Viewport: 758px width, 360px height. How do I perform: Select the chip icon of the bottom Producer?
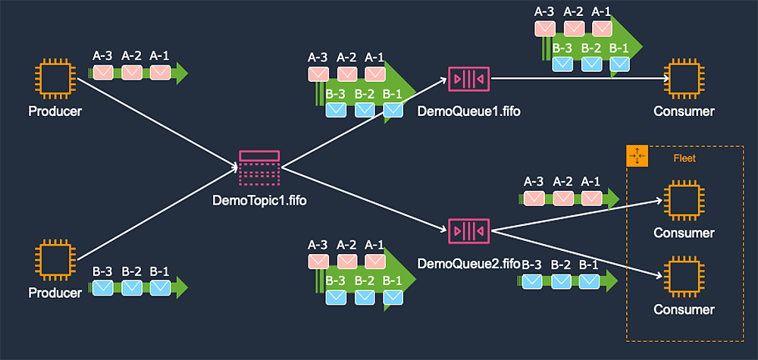pyautogui.click(x=55, y=260)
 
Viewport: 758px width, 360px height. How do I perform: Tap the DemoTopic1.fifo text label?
pyautogui.click(x=259, y=201)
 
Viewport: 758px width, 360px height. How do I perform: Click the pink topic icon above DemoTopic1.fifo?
pyautogui.click(x=259, y=167)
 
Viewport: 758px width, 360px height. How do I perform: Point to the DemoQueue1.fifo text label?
pyautogui.click(x=468, y=111)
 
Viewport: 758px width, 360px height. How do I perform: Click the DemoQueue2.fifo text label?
pyautogui.click(x=468, y=264)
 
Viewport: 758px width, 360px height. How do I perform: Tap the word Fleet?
pyautogui.click(x=684, y=158)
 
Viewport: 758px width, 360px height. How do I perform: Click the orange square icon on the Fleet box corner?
pyautogui.click(x=636, y=156)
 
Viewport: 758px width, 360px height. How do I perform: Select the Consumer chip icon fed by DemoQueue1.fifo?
pyautogui.click(x=684, y=78)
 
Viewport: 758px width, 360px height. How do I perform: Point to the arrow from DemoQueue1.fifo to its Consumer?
pyautogui.click(x=576, y=78)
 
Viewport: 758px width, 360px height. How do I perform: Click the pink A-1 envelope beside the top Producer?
pyautogui.click(x=160, y=73)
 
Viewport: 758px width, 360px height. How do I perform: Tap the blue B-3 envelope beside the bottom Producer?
pyautogui.click(x=102, y=287)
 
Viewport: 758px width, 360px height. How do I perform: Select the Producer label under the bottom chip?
pyautogui.click(x=55, y=293)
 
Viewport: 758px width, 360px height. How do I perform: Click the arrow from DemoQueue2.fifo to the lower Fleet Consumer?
pyautogui.click(x=576, y=252)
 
